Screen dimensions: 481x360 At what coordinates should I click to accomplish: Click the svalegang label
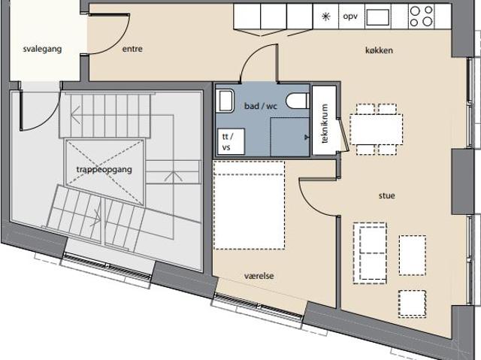point(42,50)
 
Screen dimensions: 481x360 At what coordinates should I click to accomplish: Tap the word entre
point(132,49)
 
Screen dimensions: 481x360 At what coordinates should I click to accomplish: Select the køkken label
point(379,50)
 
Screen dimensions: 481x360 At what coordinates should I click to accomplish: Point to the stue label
point(386,195)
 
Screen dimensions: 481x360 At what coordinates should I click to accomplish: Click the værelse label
point(259,276)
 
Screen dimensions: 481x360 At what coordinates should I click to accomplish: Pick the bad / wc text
point(261,106)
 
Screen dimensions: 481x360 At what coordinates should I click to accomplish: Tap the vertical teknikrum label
point(325,123)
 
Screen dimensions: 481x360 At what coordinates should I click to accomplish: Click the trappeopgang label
point(104,170)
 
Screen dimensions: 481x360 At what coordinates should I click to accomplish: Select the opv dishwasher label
point(350,17)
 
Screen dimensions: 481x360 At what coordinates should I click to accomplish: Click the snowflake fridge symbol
point(325,17)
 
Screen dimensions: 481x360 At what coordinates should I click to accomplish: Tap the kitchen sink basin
point(378,17)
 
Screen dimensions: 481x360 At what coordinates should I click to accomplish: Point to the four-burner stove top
point(421,17)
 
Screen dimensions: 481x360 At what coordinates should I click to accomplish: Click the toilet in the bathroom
point(298,101)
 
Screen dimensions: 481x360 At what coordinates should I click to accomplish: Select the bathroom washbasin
point(225,101)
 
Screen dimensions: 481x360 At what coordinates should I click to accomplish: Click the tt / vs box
point(231,141)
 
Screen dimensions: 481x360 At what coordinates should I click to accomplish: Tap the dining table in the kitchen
point(376,129)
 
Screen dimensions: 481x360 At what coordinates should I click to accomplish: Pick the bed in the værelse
point(249,205)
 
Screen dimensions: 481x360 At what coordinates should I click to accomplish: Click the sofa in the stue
point(370,253)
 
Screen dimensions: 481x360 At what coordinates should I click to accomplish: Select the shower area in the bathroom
point(290,137)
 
